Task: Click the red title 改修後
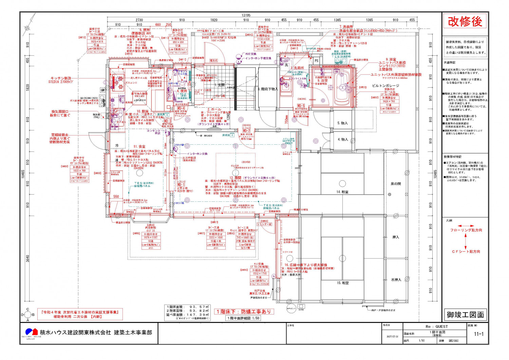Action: coord(465,22)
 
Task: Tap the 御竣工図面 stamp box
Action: coord(465,315)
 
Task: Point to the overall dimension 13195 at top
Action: coord(246,15)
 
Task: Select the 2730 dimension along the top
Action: coord(139,20)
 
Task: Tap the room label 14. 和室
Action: coord(342,192)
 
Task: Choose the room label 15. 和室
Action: coord(342,283)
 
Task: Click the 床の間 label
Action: coord(395,184)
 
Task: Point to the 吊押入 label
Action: coord(396,280)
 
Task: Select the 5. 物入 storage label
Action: coord(342,123)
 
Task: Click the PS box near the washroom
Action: coord(316,61)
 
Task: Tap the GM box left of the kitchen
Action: coord(102,90)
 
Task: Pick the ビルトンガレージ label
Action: coord(385,86)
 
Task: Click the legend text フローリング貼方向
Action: coord(466,230)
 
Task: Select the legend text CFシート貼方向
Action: coord(466,252)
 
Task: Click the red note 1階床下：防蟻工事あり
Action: coord(244,311)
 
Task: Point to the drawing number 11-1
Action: coord(478,334)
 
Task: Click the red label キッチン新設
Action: coord(61,78)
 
